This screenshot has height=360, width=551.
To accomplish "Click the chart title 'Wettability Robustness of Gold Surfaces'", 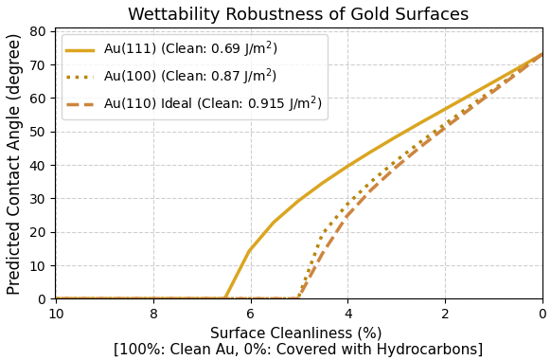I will pos(298,14).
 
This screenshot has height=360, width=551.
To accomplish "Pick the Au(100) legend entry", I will pos(189,76).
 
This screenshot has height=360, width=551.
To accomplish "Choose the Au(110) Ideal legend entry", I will pos(212,103).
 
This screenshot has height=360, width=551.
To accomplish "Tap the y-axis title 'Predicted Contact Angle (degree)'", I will pos(14,164).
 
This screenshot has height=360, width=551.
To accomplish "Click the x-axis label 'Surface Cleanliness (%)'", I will pos(295,333).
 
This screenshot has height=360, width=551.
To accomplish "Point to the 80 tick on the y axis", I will pos(39,32).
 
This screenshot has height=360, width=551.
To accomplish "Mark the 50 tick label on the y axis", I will pos(39,133).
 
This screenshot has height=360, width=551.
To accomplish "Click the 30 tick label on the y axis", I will pos(39,199).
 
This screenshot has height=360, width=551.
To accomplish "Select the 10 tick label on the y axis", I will pos(39,266).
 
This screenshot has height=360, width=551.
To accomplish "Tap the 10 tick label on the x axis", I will pos(56,315).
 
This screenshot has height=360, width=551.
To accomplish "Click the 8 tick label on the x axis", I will pos(153,315).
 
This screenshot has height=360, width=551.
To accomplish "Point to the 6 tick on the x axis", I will pos(250,315).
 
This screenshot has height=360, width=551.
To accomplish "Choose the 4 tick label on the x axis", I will pos(347,315).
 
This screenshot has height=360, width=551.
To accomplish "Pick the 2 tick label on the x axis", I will pos(445,315).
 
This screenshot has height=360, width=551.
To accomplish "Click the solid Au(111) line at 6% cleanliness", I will pos(250,250).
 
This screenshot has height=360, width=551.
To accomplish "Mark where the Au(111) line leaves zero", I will pos(225,298).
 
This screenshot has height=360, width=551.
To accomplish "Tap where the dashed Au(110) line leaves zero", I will pos(298,297).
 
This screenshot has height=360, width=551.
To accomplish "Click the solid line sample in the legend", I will pos(80,49).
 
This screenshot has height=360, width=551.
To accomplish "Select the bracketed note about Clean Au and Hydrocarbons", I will pos(298,350).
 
